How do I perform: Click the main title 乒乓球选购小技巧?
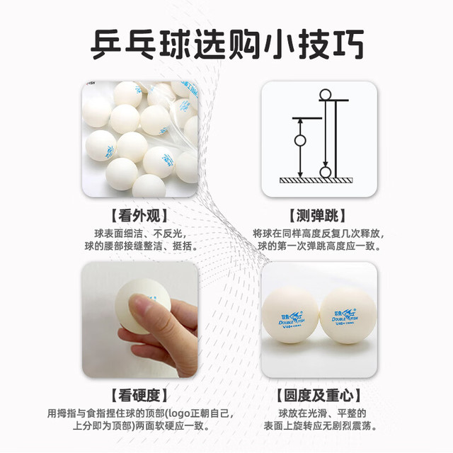pos(227,44)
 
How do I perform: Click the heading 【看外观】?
pos(139,215)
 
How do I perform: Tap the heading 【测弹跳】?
pos(318,215)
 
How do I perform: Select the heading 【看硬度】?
pos(139,395)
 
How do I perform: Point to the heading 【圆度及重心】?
pos(319,395)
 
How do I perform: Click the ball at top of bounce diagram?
pos(326,95)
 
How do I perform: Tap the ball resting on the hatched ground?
pos(326,172)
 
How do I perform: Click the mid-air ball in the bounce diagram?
pos(300,141)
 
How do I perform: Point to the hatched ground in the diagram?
pos(316,180)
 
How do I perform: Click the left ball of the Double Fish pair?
pos(290,314)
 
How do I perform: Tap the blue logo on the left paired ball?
pos(292,319)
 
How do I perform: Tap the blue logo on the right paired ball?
pos(345,316)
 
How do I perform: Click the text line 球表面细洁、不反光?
pos(140,234)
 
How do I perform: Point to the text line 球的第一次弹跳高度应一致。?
pos(319,246)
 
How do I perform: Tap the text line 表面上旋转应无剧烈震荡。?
pos(321,426)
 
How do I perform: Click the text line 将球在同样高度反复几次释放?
pos(319,234)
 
